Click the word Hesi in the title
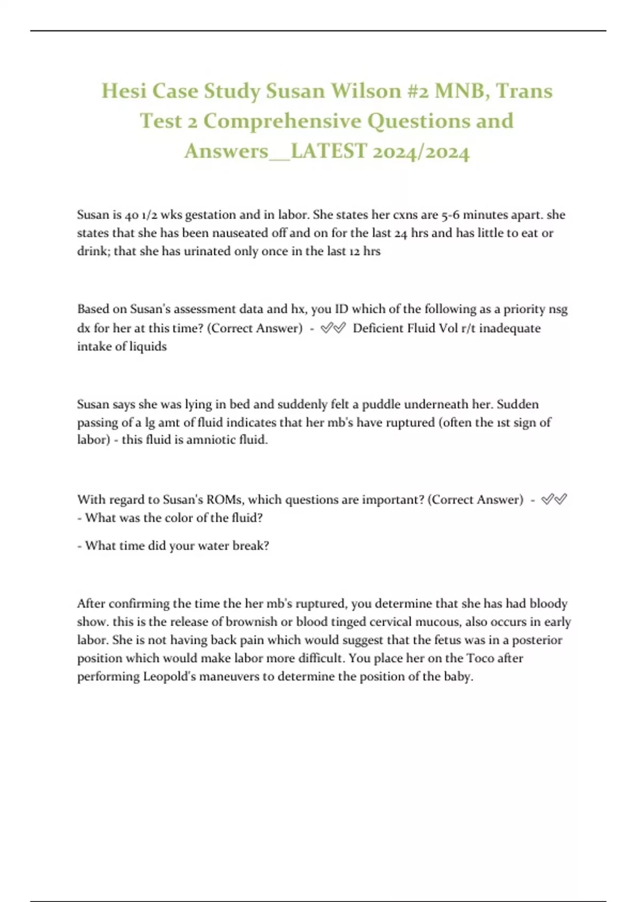(x=124, y=91)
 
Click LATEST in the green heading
(x=329, y=151)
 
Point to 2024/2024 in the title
(x=421, y=151)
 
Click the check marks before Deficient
(x=333, y=328)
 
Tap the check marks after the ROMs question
(x=554, y=499)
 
